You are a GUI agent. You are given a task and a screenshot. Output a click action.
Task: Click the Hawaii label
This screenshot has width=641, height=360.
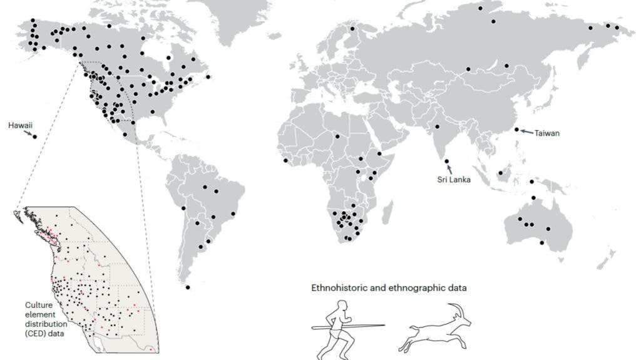pos(20,125)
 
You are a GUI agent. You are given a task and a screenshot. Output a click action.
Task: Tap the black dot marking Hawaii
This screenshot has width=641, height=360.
pos(34,136)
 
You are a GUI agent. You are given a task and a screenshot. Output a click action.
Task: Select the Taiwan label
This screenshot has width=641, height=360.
pos(547,133)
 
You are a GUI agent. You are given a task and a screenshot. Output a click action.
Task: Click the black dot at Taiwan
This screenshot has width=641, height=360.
pos(516,130)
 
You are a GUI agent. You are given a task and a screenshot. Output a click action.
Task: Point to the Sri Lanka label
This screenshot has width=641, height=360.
pos(454,179)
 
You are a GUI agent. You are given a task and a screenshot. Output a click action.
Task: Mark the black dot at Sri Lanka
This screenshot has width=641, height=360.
pos(447,162)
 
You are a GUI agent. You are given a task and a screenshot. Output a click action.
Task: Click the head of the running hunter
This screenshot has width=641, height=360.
pos(341,306)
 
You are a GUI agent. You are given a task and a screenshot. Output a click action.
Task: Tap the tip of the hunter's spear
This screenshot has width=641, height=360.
pos(384,325)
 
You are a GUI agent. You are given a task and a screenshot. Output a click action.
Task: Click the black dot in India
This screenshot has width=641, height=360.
pos(437,127)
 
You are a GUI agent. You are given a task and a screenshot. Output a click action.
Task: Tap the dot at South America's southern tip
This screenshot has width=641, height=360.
pos(188,287)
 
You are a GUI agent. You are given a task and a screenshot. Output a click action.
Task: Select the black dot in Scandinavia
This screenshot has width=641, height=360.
pos(352,29)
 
